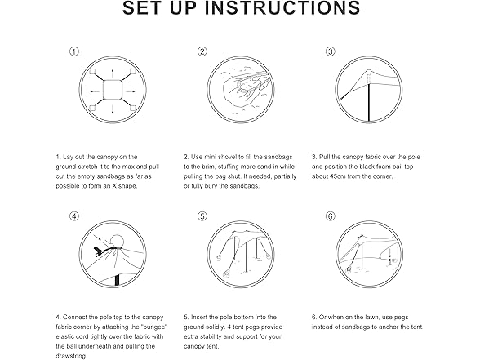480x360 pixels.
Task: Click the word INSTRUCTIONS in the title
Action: click(x=282, y=8)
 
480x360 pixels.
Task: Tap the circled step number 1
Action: click(x=74, y=51)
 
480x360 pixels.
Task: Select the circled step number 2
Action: click(x=202, y=51)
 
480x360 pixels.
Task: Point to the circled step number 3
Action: click(x=330, y=51)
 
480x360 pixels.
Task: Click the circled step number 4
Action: click(x=74, y=216)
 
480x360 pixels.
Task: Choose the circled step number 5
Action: click(x=202, y=216)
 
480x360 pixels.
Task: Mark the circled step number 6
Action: click(x=330, y=216)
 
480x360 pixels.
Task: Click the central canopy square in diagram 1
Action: click(x=113, y=90)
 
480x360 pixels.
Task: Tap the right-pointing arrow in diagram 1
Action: click(x=131, y=91)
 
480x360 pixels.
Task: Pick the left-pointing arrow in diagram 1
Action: click(x=95, y=91)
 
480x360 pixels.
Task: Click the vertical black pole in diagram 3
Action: click(x=369, y=103)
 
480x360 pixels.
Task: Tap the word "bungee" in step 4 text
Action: click(x=155, y=327)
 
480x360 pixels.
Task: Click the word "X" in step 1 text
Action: click(x=114, y=186)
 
